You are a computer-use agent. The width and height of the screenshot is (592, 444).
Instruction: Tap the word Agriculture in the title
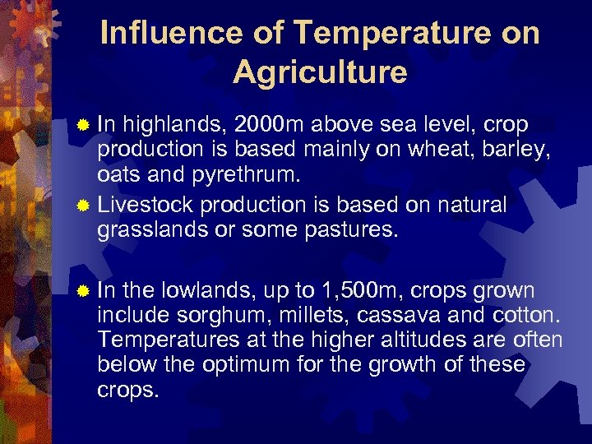(x=320, y=72)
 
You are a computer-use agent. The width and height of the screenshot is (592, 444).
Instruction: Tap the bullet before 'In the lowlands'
(x=82, y=292)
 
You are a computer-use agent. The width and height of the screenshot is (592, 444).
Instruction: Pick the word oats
(x=121, y=176)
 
